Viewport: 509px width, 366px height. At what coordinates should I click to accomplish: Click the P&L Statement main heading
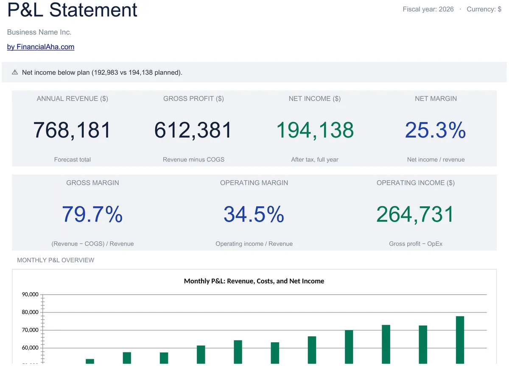(x=72, y=10)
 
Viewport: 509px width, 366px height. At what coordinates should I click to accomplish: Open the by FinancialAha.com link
(x=41, y=47)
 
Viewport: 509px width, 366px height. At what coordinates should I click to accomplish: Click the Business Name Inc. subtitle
(x=39, y=32)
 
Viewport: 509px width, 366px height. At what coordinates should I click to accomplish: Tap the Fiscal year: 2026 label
(x=428, y=9)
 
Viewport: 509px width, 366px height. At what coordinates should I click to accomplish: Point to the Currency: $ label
(x=484, y=9)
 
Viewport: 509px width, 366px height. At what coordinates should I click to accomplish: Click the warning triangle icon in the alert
(x=15, y=72)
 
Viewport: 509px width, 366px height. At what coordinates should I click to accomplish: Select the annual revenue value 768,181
(x=72, y=130)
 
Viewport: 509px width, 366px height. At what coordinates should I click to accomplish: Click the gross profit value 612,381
(x=193, y=130)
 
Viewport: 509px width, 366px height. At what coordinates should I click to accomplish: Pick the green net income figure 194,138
(x=315, y=130)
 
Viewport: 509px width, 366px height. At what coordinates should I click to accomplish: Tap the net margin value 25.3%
(x=436, y=130)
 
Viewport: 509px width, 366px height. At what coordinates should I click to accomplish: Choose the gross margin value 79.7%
(x=92, y=214)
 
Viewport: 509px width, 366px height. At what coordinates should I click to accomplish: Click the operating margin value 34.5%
(x=254, y=214)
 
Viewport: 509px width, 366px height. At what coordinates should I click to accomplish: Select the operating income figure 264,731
(x=415, y=214)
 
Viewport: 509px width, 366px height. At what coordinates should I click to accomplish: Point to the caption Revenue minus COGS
(x=193, y=160)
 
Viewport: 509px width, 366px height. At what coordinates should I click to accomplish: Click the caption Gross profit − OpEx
(x=416, y=244)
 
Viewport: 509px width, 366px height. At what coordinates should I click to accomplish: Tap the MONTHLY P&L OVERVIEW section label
(x=56, y=260)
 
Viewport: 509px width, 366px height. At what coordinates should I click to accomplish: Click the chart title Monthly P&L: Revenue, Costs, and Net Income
(x=254, y=281)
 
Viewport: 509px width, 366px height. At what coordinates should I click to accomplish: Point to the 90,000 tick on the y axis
(x=30, y=294)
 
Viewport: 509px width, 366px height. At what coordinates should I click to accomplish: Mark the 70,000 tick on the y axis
(x=30, y=330)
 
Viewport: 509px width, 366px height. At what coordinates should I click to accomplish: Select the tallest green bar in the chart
(x=460, y=340)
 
